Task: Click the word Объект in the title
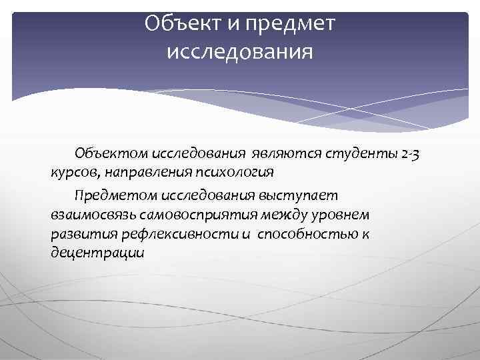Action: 175,24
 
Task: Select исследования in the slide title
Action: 239,51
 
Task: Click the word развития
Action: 81,235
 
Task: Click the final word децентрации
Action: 97,254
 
